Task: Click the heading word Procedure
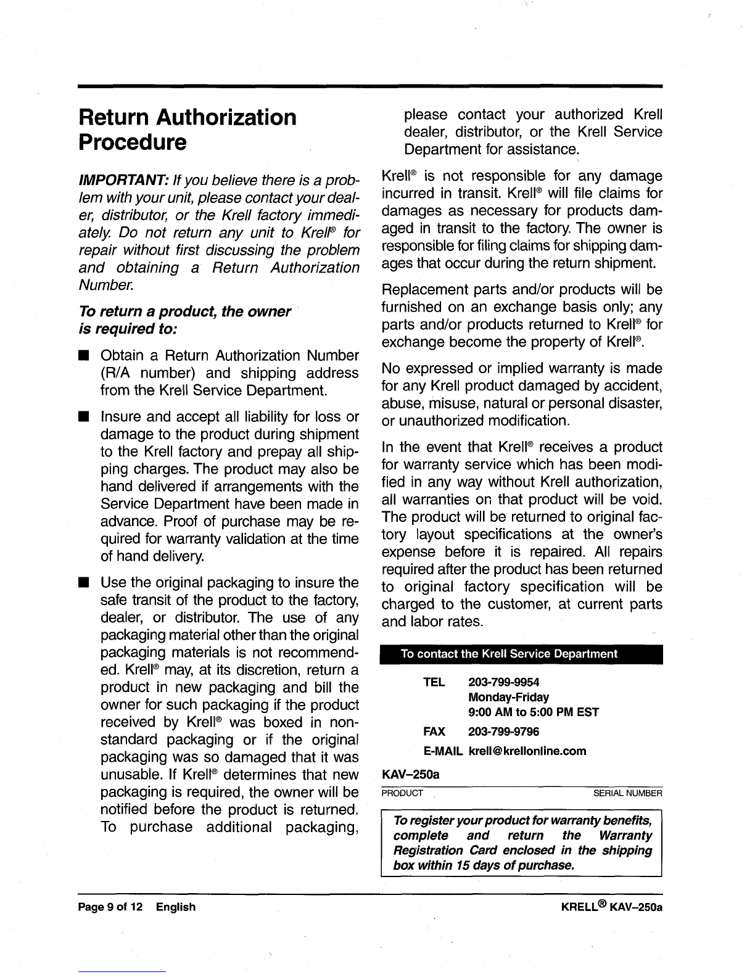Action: coord(133,143)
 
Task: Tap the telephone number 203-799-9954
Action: coord(503,682)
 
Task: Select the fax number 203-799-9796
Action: coord(503,732)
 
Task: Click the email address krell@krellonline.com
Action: coord(527,751)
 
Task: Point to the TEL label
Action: coord(434,682)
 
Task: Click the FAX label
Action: coord(434,732)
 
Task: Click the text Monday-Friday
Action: coord(508,697)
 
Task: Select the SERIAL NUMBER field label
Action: coord(627,793)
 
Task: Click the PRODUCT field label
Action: coord(402,793)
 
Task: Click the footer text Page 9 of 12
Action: coord(110,907)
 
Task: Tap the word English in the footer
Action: coord(175,907)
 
